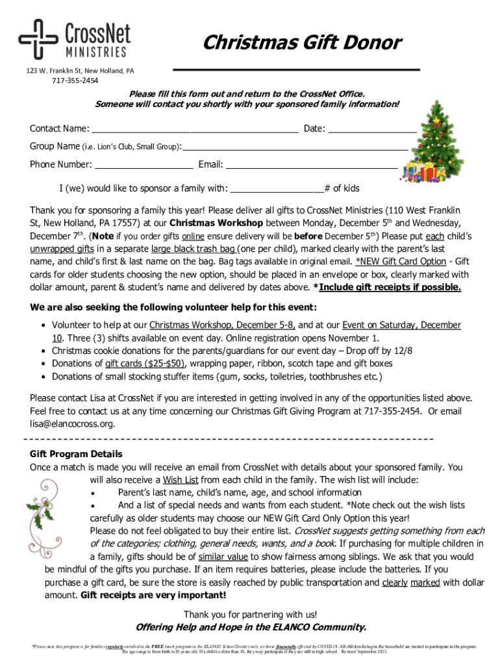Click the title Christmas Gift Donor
coord(302,43)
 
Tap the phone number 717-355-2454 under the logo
coord(75,81)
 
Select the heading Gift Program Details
coord(76,454)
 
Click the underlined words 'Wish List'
coord(181,480)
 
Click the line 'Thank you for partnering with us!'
coord(250,614)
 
